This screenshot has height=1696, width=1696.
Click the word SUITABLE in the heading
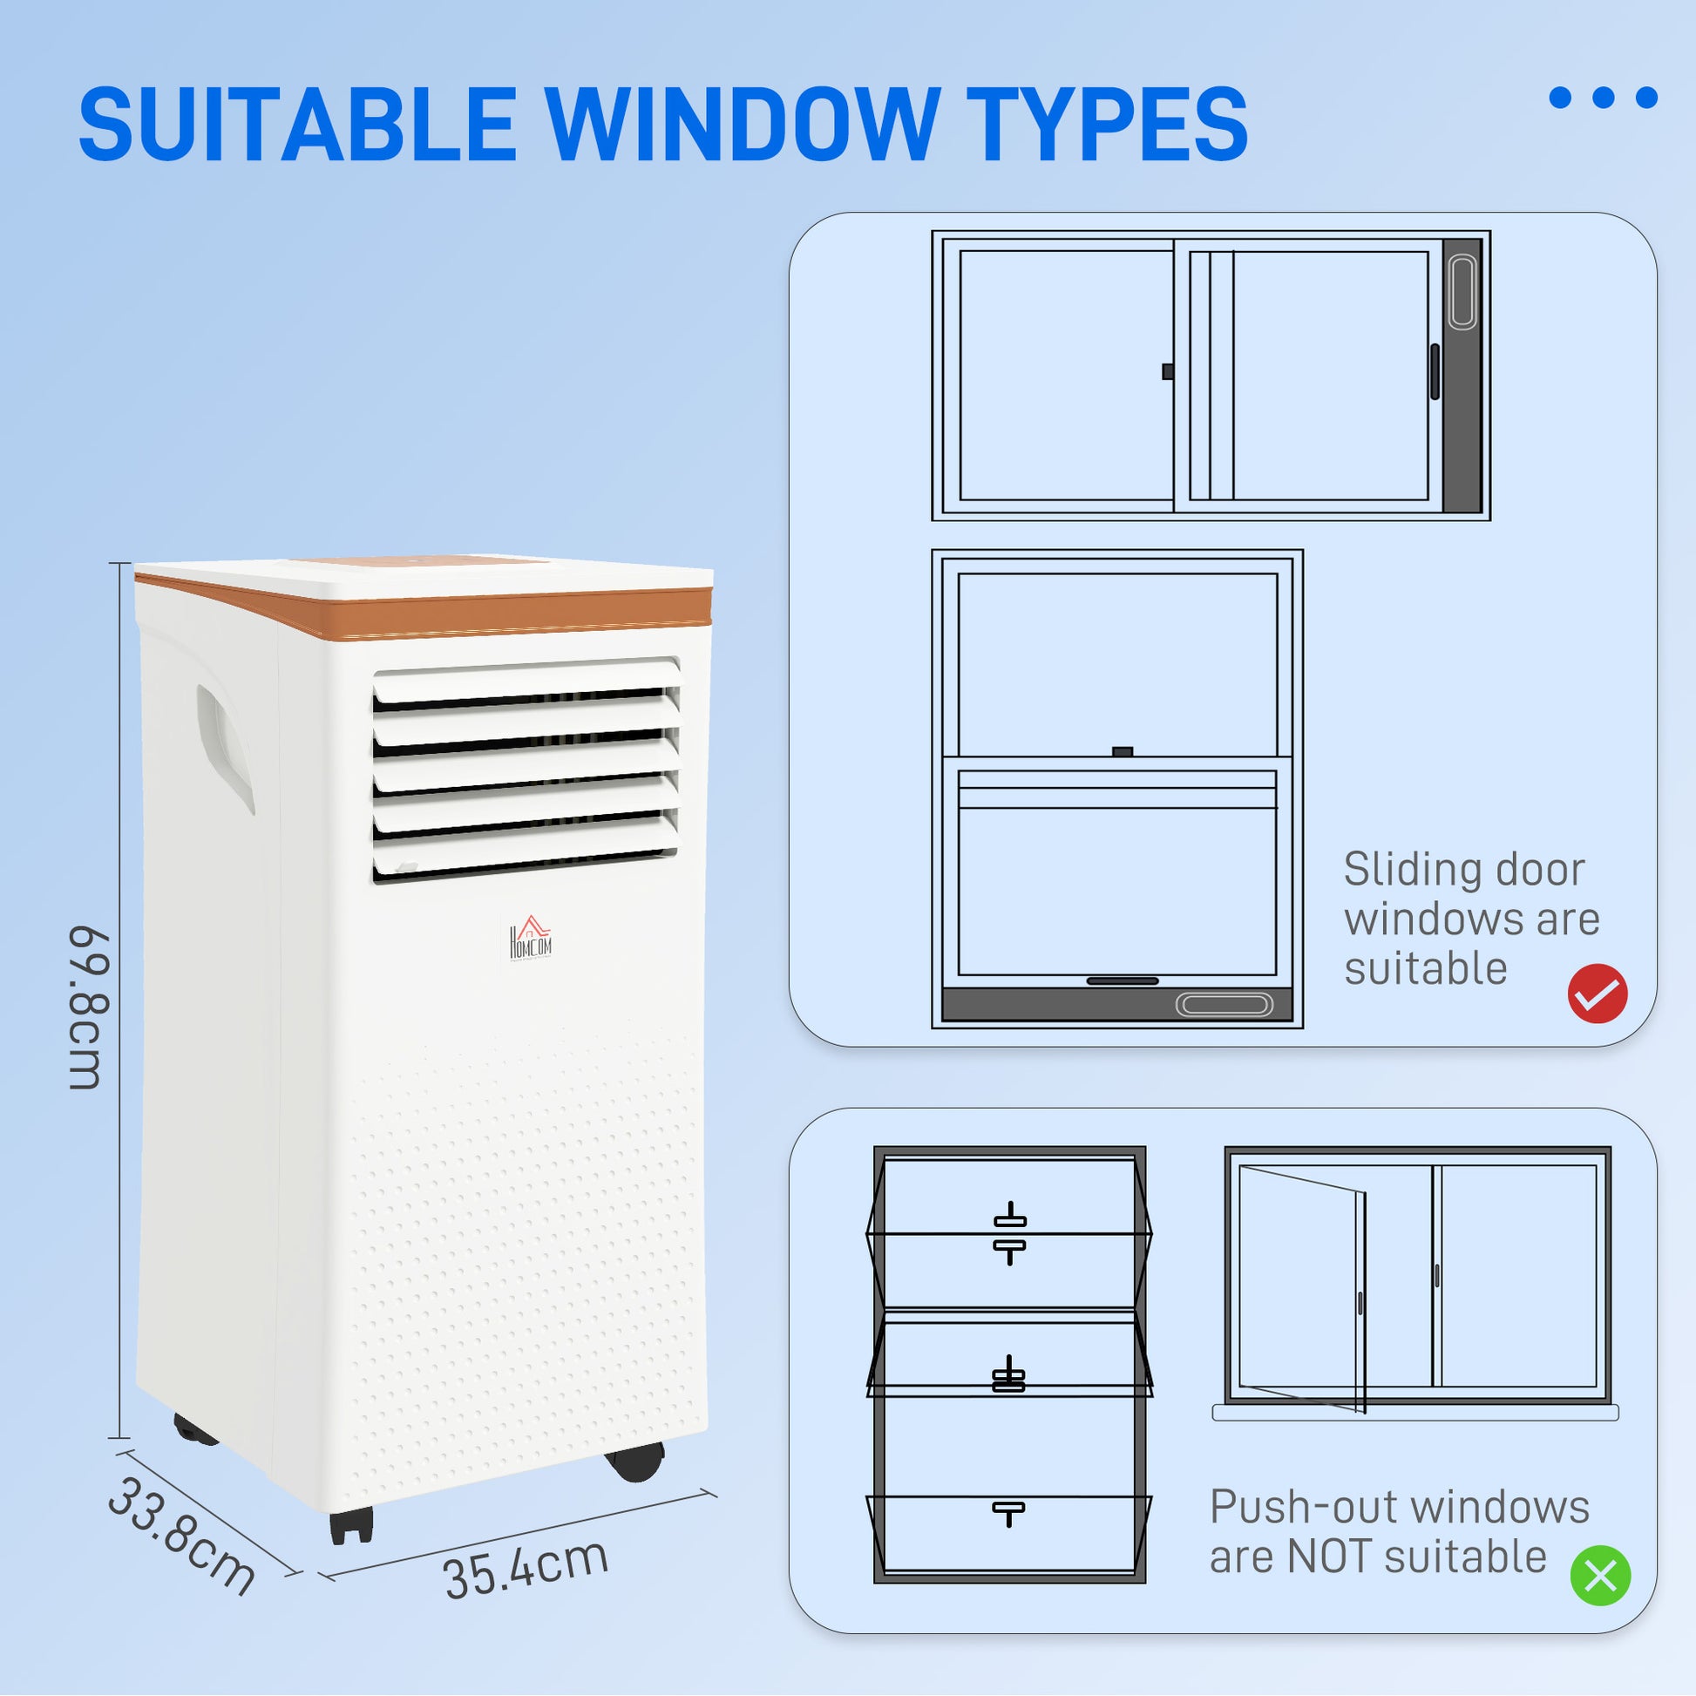(x=296, y=124)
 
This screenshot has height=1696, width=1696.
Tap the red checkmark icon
(x=1598, y=994)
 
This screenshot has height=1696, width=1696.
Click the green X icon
(x=1600, y=1576)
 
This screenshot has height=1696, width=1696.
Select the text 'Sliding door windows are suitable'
(x=1471, y=919)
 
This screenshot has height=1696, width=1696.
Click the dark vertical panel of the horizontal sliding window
(x=1462, y=376)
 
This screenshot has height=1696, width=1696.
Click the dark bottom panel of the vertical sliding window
(x=1116, y=1003)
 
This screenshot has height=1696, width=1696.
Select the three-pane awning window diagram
(x=1009, y=1365)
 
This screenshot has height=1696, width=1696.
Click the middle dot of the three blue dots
(x=1604, y=98)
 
